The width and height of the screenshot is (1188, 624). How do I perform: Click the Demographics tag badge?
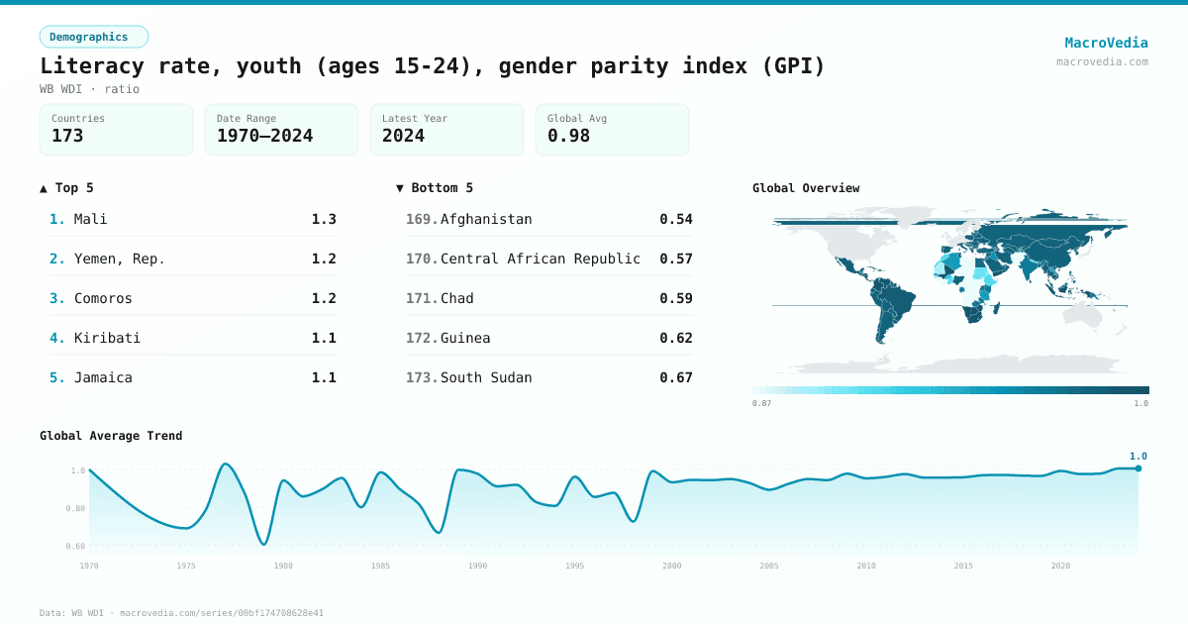pos(93,37)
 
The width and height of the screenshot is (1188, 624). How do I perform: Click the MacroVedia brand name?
pos(1106,43)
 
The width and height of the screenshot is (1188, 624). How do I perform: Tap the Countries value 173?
pos(67,136)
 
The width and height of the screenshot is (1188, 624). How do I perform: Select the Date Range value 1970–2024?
pos(264,136)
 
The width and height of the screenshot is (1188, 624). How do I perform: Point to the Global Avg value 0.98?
pos(568,136)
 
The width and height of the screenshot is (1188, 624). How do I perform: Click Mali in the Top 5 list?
pos(90,219)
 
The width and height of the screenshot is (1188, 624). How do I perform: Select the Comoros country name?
pos(103,298)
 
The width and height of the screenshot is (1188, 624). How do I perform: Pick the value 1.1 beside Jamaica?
pos(324,377)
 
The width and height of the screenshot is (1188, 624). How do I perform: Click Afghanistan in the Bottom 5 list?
pos(486,219)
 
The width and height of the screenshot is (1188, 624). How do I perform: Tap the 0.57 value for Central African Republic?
pos(676,259)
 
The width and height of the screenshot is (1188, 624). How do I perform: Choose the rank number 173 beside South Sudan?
pos(421,377)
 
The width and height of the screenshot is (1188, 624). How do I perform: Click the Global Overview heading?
pos(806,188)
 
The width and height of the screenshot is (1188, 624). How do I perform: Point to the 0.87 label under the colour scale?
pos(761,403)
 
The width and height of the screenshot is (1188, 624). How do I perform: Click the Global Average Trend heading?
pos(111,436)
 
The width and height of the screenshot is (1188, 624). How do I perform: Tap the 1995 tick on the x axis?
pos(575,566)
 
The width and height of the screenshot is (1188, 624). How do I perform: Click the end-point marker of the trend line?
pos(1138,468)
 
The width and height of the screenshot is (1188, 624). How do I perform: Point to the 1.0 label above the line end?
pos(1138,457)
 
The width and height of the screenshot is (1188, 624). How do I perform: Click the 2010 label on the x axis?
pos(866,566)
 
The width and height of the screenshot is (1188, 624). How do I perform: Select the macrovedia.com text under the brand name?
pos(1102,61)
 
